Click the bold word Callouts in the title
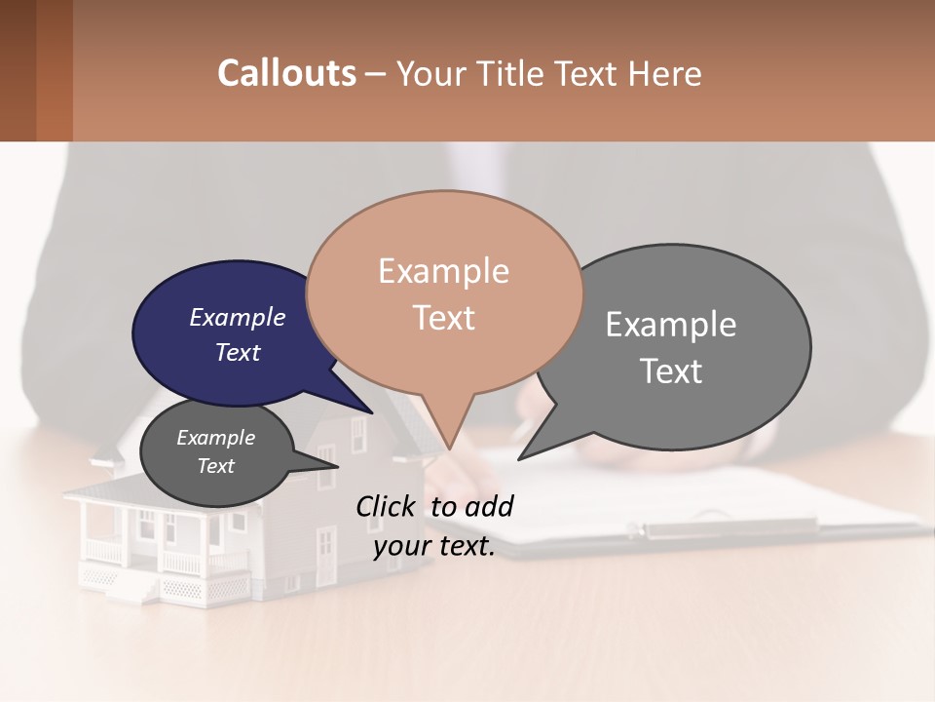[286, 73]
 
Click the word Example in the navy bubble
[237, 318]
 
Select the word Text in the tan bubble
[444, 318]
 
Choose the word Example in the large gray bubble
[671, 325]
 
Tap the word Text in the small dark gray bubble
[216, 466]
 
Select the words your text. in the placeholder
[434, 547]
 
